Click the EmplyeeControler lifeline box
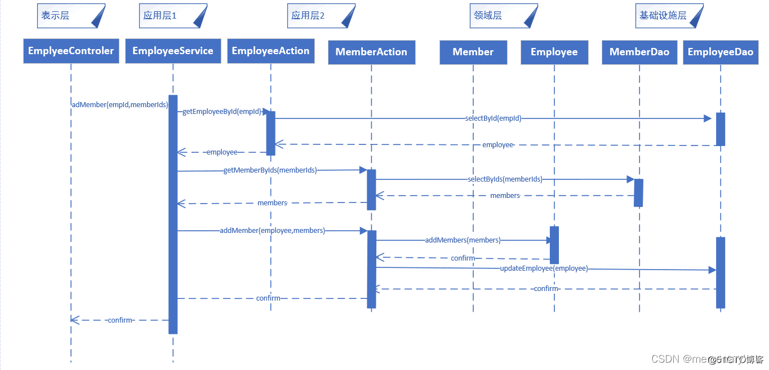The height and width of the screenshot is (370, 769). [x=71, y=51]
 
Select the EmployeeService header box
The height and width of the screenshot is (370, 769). [x=173, y=51]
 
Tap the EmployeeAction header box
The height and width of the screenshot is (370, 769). [x=270, y=51]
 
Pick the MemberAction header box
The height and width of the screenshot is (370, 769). [x=371, y=52]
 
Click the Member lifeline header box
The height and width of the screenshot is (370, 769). [x=473, y=52]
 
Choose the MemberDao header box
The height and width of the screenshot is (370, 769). [x=639, y=52]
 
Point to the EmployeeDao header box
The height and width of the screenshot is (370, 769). [x=721, y=52]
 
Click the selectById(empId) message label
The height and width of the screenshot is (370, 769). [x=493, y=118]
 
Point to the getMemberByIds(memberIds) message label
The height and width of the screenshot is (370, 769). [x=270, y=170]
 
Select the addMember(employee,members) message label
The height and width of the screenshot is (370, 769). [x=272, y=231]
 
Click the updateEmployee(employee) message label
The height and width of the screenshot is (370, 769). [x=544, y=268]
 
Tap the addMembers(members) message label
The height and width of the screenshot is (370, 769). [x=463, y=240]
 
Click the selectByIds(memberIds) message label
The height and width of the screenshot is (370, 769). [x=505, y=179]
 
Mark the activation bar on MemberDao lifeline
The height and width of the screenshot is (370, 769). [x=638, y=193]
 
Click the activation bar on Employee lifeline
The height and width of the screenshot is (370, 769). [x=554, y=245]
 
